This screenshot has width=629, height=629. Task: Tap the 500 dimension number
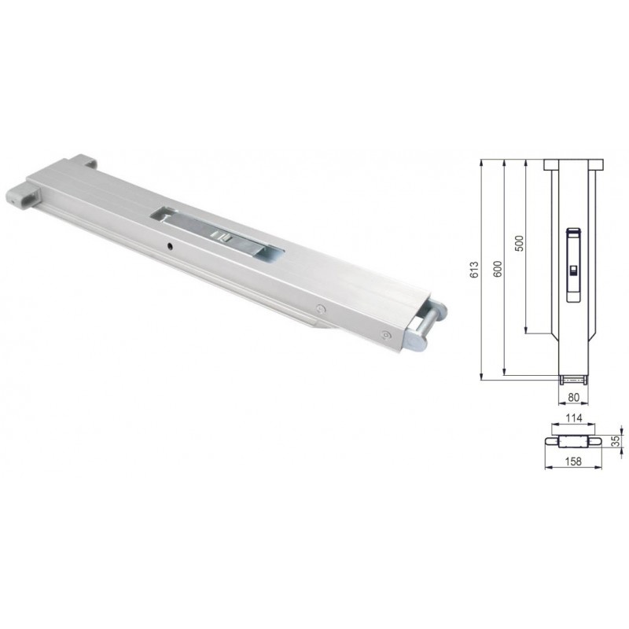(x=518, y=243)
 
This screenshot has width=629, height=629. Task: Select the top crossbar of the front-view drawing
(x=572, y=164)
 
